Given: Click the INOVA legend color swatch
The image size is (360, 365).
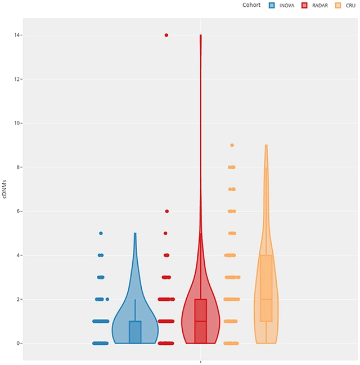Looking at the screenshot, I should click(272, 5).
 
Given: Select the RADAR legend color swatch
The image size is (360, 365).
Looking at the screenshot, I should click(304, 5).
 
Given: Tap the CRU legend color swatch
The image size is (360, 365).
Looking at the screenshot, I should click(338, 5).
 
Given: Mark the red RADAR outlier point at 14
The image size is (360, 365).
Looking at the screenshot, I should click(166, 35).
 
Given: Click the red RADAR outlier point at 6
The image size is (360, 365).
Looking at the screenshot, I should click(166, 211).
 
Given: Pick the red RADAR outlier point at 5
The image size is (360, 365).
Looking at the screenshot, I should click(165, 233).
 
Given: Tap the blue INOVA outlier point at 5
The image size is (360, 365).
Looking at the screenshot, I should click(101, 233).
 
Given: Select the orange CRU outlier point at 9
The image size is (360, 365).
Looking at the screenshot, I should click(232, 145).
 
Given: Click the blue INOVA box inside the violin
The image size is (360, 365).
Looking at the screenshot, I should click(135, 332).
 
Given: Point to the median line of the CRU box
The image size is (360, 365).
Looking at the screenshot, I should click(266, 299).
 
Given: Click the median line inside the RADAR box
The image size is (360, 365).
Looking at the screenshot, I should click(201, 321).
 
